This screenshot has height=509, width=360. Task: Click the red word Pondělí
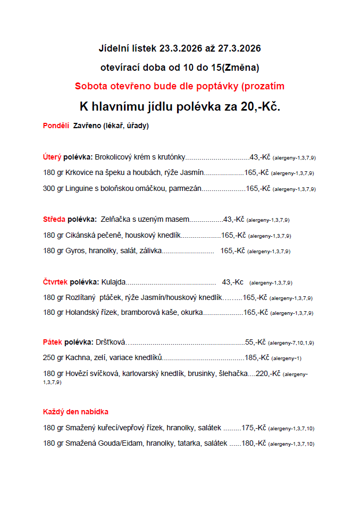click(56, 126)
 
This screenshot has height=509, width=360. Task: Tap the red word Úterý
click(52, 157)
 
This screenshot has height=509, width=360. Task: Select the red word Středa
click(54, 219)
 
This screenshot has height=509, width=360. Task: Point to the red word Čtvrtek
click(55, 282)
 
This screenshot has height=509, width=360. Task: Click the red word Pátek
click(52, 342)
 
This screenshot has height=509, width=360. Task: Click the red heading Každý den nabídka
click(76, 412)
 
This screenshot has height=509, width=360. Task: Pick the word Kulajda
click(113, 282)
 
